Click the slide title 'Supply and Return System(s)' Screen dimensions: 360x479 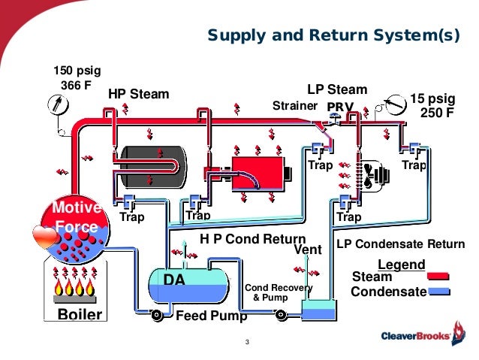coord(332,35)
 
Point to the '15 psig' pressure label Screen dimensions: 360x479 coord(432,98)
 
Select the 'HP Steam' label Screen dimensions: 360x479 coord(140,95)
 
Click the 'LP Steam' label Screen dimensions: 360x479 coord(337,90)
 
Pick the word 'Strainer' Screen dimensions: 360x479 coord(294,105)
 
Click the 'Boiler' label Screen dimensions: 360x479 coord(80,314)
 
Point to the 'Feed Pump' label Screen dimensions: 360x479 coord(210,316)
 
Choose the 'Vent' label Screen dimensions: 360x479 coord(307,250)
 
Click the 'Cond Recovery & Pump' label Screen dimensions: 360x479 coord(278,292)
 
